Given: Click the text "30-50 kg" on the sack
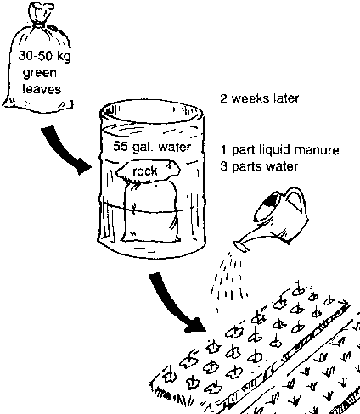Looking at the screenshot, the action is (44, 56).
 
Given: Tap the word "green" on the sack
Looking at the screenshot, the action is (40, 73).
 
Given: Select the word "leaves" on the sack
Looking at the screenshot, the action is (42, 89).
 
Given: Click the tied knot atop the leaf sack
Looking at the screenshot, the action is (40, 15).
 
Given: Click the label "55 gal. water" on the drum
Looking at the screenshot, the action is (152, 146).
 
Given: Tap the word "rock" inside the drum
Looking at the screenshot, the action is (145, 171).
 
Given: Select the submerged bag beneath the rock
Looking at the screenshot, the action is (150, 212).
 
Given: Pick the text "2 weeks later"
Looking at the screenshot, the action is (259, 99).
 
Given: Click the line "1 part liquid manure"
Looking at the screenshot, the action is (280, 150).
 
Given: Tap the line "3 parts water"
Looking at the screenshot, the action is (259, 166).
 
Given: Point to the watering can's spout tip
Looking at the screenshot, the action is (242, 246).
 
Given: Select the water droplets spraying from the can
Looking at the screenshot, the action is (229, 279).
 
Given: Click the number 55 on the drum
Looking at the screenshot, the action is (120, 146).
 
